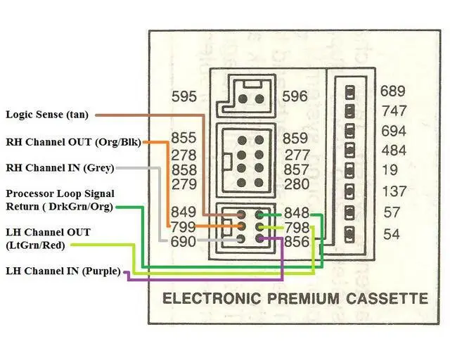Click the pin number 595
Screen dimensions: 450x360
[184, 96]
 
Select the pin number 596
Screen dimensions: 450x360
[295, 96]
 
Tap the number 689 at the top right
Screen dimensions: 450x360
[393, 91]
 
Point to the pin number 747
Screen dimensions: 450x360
[394, 111]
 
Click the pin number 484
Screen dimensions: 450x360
[394, 150]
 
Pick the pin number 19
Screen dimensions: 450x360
[390, 170]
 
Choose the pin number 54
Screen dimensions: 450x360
[392, 234]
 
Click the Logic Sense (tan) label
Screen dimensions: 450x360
[47, 115]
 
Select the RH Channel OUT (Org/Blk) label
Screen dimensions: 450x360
[73, 142]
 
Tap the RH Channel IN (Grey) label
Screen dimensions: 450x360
[60, 168]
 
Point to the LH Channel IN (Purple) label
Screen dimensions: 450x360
[63, 271]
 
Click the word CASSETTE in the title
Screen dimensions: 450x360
[387, 299]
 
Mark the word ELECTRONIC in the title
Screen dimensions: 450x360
[212, 299]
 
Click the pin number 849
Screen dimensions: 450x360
[184, 212]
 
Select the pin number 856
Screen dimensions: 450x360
[297, 242]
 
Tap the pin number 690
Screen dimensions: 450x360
[183, 241]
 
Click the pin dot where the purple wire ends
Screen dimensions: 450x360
[259, 238]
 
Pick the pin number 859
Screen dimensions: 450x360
[295, 138]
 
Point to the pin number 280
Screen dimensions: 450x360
[297, 184]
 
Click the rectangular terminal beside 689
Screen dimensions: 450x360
[349, 92]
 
